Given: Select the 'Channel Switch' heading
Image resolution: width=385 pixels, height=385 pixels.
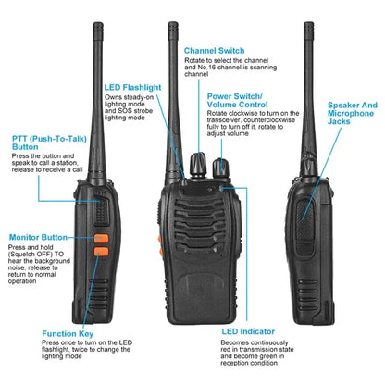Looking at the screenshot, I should click(x=214, y=51).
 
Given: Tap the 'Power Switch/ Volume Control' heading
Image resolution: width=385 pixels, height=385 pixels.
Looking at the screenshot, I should click(x=237, y=101).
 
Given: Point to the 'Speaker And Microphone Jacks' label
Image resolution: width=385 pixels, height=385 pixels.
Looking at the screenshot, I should click(x=353, y=114).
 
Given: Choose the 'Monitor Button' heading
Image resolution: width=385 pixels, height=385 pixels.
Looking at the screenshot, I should click(x=39, y=238).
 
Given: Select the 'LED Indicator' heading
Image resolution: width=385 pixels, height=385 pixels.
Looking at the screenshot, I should click(x=248, y=330).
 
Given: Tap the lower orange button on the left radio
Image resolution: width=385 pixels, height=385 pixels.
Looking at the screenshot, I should click(x=101, y=255).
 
